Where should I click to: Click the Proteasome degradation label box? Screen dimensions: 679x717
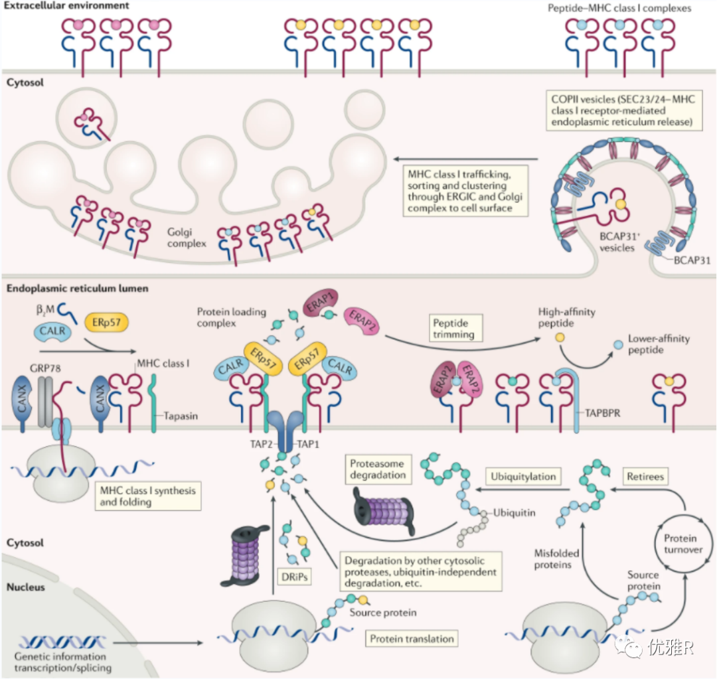pos(376,469)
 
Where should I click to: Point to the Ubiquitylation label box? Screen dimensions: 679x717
pos(523,477)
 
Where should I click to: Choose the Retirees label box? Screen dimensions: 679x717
pos(645,477)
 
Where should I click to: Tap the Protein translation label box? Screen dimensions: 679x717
pos(412,639)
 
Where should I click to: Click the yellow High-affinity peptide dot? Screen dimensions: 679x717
pos(560,339)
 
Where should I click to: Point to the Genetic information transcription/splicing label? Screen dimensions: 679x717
pos(62,661)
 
